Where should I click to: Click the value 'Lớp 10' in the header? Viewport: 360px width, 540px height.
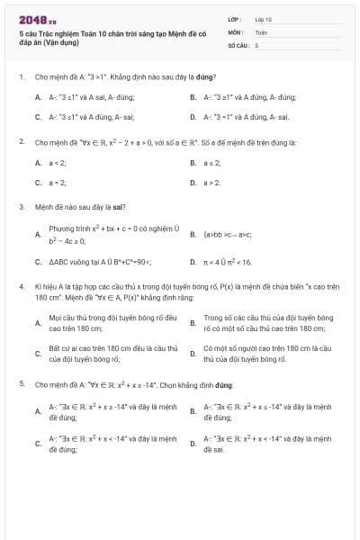point(263,19)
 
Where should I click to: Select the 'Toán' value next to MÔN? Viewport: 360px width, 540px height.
point(261,31)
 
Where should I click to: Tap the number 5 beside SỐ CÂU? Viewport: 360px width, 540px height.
point(256,44)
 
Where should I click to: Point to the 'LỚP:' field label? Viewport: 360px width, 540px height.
point(234,19)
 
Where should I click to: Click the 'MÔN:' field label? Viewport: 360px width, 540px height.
point(235,31)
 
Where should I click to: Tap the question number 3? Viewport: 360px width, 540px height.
point(21,206)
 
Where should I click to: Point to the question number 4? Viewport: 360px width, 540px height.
point(21,285)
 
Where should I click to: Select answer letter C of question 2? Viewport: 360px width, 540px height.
point(38,183)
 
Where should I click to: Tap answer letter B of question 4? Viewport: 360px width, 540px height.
point(193,322)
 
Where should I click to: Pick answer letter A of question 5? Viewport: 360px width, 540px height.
point(38,411)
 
